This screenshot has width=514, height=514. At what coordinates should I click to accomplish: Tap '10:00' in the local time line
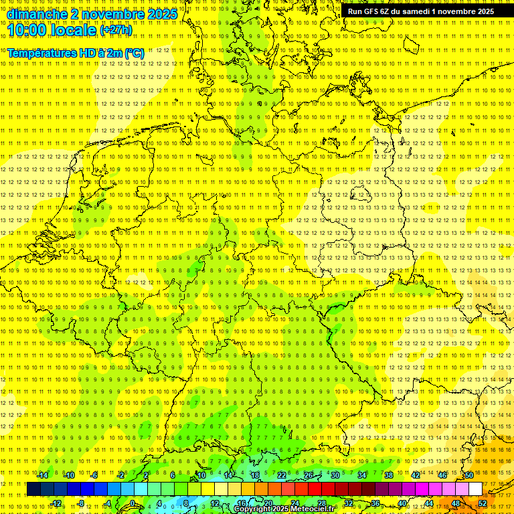coord(26,30)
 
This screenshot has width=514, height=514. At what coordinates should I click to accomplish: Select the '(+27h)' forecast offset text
coord(116,30)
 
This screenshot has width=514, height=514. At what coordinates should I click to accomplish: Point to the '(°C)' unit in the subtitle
coord(134,53)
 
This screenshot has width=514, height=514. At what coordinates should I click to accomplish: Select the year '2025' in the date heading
coord(162,14)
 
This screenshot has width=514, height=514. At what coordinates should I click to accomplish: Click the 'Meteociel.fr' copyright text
coord(312,509)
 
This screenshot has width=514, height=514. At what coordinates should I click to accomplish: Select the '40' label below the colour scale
coord(402,503)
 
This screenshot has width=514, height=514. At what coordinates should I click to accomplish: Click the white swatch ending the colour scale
coord(475,489)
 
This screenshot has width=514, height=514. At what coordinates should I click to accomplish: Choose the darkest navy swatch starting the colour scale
coord(33,489)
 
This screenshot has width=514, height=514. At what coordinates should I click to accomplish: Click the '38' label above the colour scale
coord(389,475)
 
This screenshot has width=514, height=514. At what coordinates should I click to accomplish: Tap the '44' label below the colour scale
coord(429,503)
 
